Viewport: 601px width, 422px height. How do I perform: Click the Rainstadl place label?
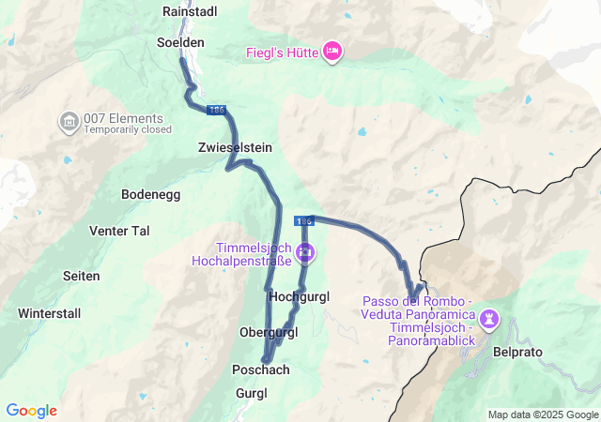pyautogui.click(x=190, y=11)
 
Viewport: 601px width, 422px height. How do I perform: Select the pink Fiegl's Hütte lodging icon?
pyautogui.click(x=331, y=51)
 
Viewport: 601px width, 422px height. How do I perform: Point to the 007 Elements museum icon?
pyautogui.click(x=69, y=122)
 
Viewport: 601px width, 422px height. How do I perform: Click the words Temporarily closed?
pyautogui.click(x=128, y=130)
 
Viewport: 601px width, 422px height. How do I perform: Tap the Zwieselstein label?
pyautogui.click(x=235, y=147)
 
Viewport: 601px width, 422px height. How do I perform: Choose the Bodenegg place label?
pyautogui.click(x=150, y=194)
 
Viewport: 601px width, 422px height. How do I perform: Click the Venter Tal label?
pyautogui.click(x=119, y=231)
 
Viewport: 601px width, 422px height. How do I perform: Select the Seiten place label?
pyautogui.click(x=81, y=276)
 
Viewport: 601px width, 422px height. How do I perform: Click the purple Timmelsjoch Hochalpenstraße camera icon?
pyautogui.click(x=305, y=252)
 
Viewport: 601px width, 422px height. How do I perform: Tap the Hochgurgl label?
pyautogui.click(x=299, y=296)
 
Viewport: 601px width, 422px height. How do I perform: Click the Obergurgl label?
pyautogui.click(x=269, y=333)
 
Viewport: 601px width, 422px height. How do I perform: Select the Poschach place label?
pyautogui.click(x=260, y=369)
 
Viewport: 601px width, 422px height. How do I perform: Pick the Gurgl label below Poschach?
pyautogui.click(x=252, y=392)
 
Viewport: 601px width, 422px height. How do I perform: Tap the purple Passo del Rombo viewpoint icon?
pyautogui.click(x=489, y=320)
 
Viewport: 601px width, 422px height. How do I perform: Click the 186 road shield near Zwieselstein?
pyautogui.click(x=216, y=111)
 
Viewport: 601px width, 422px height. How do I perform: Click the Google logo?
pyautogui.click(x=32, y=411)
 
